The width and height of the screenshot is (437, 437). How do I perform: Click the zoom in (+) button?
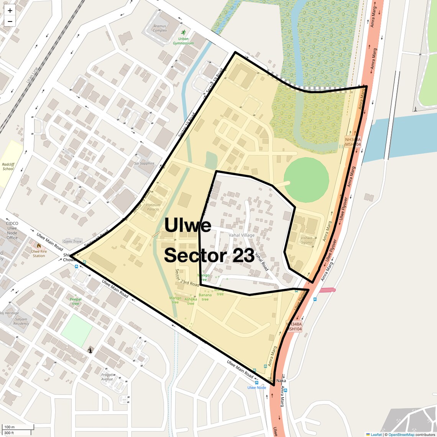click(10, 10)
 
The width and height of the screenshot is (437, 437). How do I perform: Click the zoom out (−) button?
click(10, 21)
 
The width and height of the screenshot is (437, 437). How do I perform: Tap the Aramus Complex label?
click(160, 28)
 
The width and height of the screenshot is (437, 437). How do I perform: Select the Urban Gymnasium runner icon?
click(183, 32)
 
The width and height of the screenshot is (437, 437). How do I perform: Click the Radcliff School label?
click(8, 166)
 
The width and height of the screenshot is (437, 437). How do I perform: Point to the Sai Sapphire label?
click(144, 163)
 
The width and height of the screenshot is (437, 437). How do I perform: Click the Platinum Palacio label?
click(153, 207)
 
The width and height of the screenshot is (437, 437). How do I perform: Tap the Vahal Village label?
click(242, 235)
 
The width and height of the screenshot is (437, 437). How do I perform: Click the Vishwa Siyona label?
click(307, 240)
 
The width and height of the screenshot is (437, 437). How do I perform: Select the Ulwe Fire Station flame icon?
click(39, 246)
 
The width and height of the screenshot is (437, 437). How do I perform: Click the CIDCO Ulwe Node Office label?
click(12, 230)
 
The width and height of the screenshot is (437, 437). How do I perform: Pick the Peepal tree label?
click(76, 301)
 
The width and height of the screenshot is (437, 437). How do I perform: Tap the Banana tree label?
click(205, 297)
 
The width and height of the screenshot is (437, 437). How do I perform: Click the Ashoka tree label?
click(191, 301)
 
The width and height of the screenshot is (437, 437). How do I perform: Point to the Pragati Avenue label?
click(107, 377)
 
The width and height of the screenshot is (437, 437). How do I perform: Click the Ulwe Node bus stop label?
click(256, 388)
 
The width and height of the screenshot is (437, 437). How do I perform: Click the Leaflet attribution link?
click(376, 434)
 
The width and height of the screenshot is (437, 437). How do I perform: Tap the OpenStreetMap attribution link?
click(401, 434)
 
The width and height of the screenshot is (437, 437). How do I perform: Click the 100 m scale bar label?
click(10, 427)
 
